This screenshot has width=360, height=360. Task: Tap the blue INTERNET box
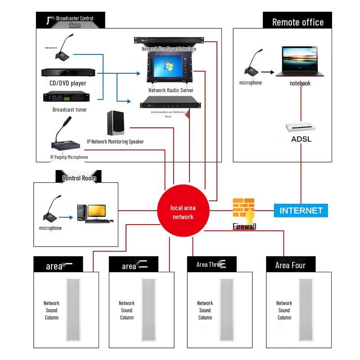pyautogui.click(x=301, y=210)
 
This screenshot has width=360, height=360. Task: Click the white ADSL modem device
pyautogui.click(x=301, y=126)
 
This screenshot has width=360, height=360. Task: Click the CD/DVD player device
pyautogui.click(x=68, y=72)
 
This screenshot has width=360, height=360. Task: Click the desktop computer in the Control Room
pyautogui.click(x=94, y=213)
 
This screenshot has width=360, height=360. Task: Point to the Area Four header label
pyautogui.click(x=290, y=265)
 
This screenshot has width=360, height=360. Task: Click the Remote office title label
pyautogui.click(x=297, y=22)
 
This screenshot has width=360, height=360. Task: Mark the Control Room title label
pyautogui.click(x=79, y=178)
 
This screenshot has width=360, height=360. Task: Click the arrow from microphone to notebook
pyautogui.click(x=268, y=72)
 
